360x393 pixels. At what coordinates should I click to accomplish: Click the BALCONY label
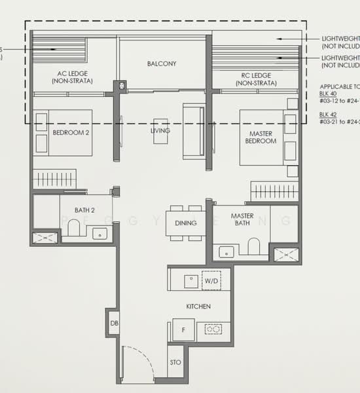[162, 64]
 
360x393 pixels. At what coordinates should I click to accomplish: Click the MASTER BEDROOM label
[261, 136]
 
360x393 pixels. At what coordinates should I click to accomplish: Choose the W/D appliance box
[211, 280]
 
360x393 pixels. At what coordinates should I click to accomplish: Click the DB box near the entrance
[113, 322]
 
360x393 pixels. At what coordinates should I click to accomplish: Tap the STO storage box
[175, 361]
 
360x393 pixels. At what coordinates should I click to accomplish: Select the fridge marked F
[183, 329]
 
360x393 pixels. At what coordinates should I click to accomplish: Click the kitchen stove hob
[213, 329]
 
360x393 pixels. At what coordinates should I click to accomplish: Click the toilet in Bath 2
[73, 227]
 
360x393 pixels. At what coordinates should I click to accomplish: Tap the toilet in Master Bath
[254, 246]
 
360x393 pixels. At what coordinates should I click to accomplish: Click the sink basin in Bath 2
[100, 233]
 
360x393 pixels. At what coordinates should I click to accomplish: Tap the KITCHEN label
[198, 307]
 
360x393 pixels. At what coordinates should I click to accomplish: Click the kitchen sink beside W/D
[190, 280]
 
